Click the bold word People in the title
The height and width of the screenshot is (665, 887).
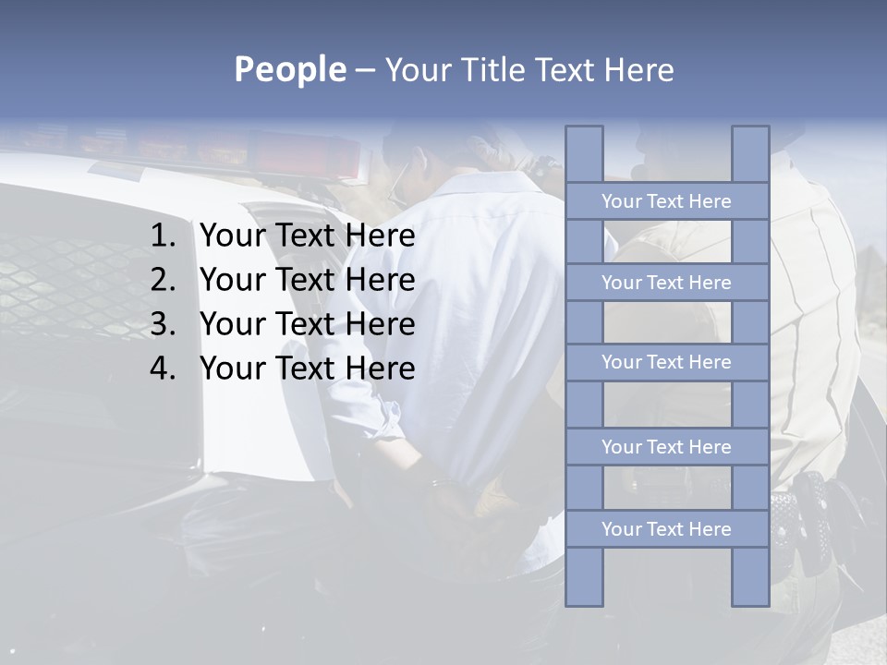[x=289, y=69]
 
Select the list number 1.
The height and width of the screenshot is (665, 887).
[x=163, y=236]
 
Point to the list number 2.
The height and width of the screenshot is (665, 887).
[x=163, y=280]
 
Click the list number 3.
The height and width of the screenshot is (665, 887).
[x=163, y=324]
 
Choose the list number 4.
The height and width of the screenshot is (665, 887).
[x=163, y=369]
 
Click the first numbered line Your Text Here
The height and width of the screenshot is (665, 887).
[x=307, y=236]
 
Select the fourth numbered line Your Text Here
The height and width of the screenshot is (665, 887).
[x=307, y=369]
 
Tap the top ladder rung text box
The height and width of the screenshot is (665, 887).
[x=666, y=201]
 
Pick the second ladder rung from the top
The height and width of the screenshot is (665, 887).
[x=666, y=283]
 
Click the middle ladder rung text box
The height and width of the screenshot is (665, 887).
[x=666, y=362]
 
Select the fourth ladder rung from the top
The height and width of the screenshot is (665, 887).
[x=666, y=447]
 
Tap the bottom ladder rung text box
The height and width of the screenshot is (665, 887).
[x=666, y=529]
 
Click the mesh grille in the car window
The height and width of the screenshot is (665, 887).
[x=55, y=277]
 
